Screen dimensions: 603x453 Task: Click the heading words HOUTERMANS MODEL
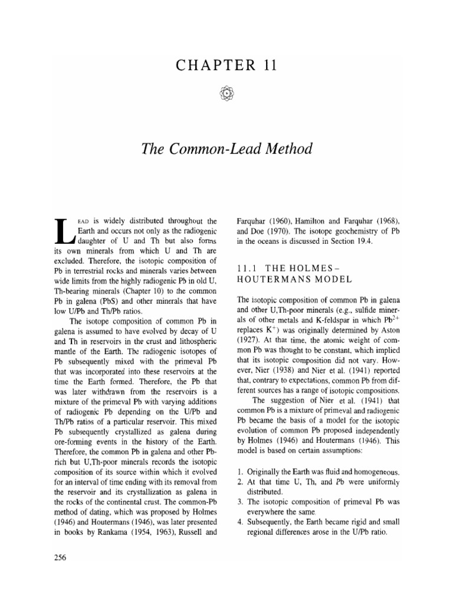[283, 294]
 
